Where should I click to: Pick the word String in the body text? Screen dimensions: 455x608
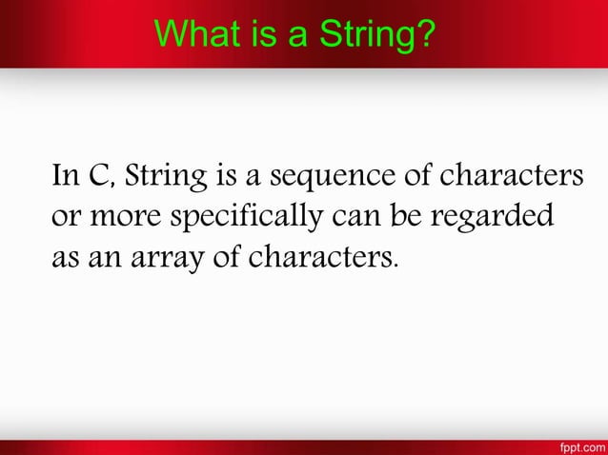[162, 180]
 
